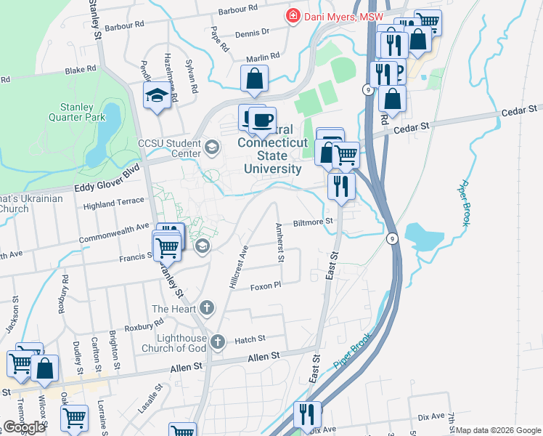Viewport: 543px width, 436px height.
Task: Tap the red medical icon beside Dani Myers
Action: click(x=293, y=16)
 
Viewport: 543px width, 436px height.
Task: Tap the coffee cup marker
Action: click(x=261, y=119)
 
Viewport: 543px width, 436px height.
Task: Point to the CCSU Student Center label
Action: click(x=169, y=148)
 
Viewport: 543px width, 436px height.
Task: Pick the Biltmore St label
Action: click(x=313, y=222)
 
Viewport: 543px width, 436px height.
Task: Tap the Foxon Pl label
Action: click(x=265, y=286)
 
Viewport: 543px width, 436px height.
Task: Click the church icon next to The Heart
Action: click(x=207, y=308)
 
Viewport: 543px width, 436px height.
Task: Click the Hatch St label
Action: click(x=250, y=339)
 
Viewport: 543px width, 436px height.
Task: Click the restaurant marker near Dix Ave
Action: click(x=307, y=414)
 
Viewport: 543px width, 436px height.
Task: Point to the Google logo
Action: click(x=24, y=427)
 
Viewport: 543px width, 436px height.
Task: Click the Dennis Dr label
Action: click(x=253, y=32)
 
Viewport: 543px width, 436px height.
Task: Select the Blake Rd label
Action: click(x=80, y=70)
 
